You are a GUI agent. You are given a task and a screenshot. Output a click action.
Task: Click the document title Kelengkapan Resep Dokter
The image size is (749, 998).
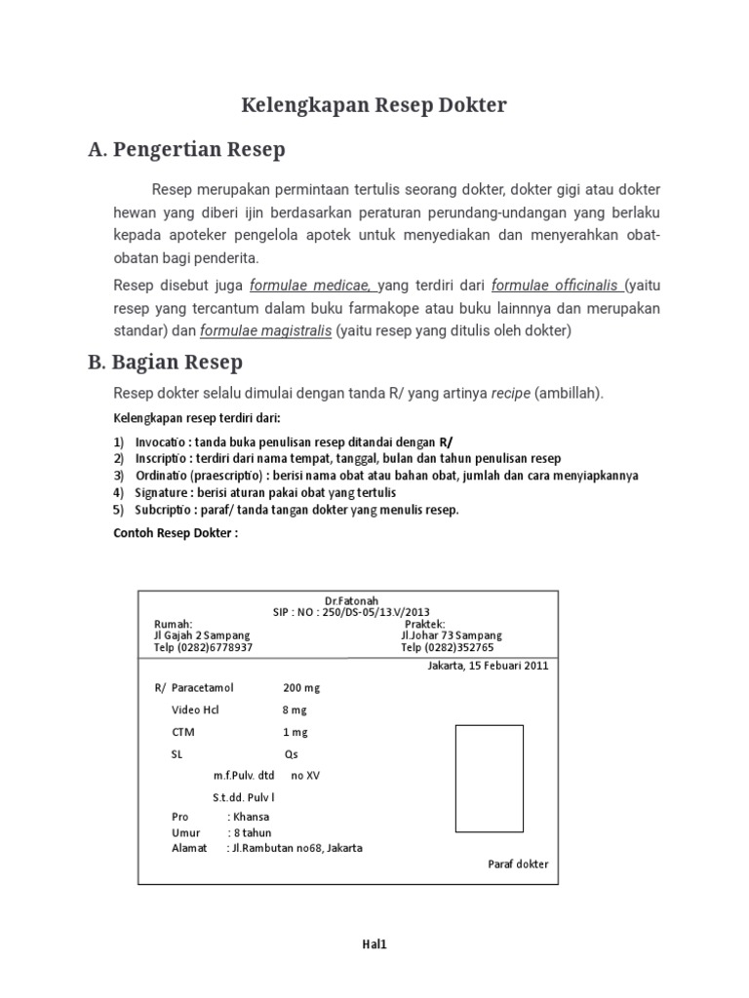click(374, 105)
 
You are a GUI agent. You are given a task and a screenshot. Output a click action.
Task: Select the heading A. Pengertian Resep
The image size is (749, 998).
click(186, 150)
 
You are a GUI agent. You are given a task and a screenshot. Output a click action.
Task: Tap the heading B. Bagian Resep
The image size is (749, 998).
click(165, 363)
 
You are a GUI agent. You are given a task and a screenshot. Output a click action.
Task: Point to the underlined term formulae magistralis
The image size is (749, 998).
click(265, 331)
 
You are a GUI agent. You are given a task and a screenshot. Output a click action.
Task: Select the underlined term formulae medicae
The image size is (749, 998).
click(313, 285)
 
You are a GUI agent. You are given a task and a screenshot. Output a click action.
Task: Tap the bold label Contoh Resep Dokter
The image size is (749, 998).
click(176, 533)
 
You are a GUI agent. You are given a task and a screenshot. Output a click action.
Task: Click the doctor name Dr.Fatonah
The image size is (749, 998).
click(351, 600)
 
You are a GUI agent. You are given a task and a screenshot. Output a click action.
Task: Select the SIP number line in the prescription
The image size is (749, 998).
click(351, 612)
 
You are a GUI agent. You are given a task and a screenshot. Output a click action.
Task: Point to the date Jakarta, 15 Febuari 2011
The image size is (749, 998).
click(488, 667)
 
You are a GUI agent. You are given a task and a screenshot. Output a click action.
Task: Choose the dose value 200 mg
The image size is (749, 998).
click(301, 688)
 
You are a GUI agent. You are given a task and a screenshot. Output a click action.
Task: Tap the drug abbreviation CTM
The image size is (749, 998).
click(183, 732)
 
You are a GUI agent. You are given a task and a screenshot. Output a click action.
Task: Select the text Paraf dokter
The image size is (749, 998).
click(517, 864)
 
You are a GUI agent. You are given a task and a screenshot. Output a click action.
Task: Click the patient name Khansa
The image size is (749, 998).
click(252, 817)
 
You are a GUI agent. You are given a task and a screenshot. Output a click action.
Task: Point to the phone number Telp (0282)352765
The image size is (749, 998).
click(447, 647)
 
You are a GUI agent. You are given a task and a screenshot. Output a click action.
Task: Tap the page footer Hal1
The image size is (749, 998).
click(374, 943)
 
